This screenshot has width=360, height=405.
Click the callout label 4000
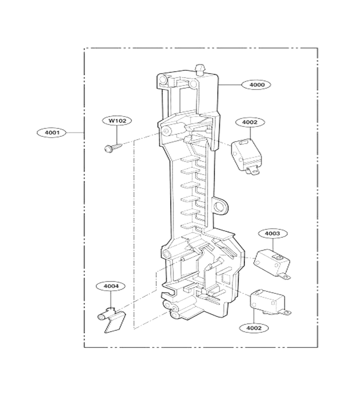point(256,85)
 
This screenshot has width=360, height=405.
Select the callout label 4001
point(52,132)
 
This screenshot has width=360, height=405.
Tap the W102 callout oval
point(117,121)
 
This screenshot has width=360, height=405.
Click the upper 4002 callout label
point(250,122)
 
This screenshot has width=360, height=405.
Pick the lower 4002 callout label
point(254,328)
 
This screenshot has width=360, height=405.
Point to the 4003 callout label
point(272,234)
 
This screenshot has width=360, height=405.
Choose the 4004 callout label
point(111,286)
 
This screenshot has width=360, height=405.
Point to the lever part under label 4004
point(111,319)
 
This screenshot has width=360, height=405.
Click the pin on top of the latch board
point(201,69)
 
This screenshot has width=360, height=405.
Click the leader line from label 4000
point(230,85)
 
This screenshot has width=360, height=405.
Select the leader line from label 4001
point(75,132)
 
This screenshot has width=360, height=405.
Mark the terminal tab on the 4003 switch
point(286,277)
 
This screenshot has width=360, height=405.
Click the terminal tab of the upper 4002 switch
point(253,171)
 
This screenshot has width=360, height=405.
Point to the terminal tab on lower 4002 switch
point(286,313)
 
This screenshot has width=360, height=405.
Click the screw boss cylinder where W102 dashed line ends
point(167,130)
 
